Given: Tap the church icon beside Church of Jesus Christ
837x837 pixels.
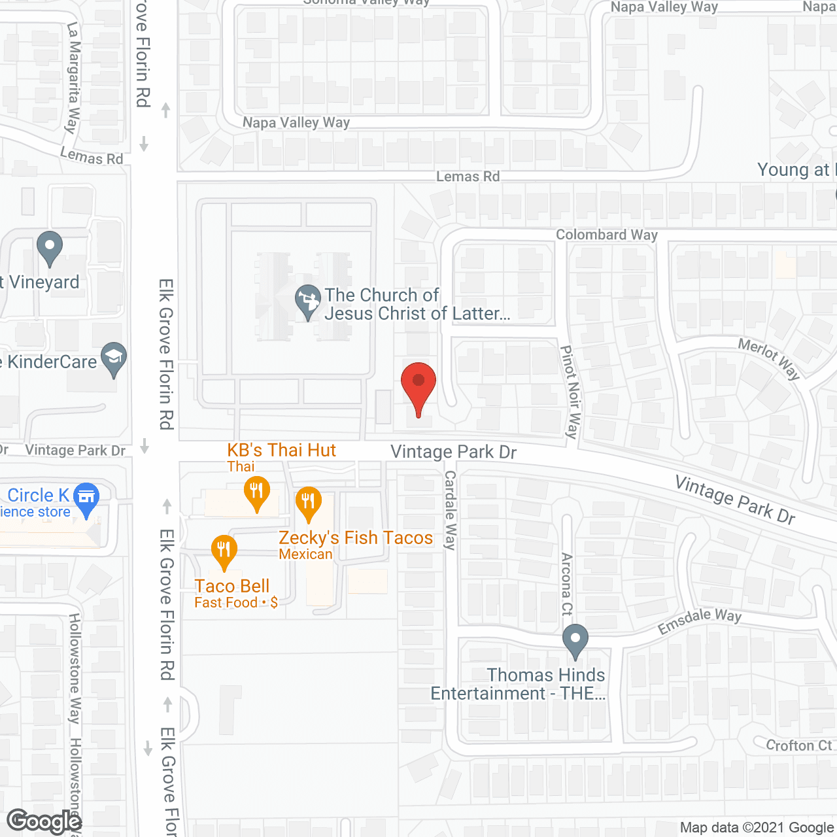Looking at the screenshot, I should click(308, 301).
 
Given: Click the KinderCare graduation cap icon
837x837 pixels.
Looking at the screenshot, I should click(114, 358).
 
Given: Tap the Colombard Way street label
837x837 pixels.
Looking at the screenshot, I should click(607, 235).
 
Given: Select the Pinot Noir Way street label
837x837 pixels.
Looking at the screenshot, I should click(570, 392).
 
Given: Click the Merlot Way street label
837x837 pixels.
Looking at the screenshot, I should click(770, 358).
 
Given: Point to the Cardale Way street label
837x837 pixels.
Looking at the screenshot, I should click(450, 510).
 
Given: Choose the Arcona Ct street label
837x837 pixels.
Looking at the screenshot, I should click(567, 584).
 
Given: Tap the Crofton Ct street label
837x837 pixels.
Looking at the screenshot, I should click(799, 745).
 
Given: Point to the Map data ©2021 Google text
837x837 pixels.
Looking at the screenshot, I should click(757, 828).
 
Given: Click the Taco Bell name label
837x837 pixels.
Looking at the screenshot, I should click(232, 586).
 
